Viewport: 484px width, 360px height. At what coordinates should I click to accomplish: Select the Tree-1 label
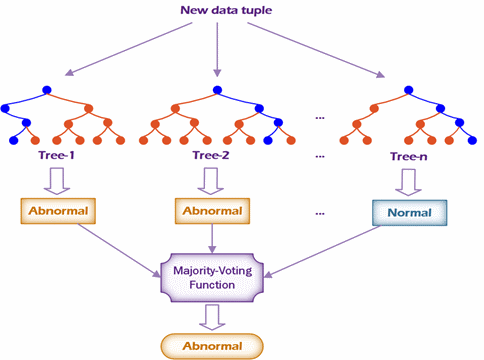pyautogui.click(x=48, y=156)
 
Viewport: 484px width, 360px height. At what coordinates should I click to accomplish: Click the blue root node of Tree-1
pyautogui.click(x=47, y=92)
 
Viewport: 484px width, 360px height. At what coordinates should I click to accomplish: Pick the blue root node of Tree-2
pyautogui.click(x=216, y=92)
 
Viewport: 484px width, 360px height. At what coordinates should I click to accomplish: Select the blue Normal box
pyautogui.click(x=409, y=213)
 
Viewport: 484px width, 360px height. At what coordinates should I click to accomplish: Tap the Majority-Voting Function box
pyautogui.click(x=216, y=276)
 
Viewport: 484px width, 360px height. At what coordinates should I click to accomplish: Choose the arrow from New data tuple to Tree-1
pyautogui.click(x=129, y=50)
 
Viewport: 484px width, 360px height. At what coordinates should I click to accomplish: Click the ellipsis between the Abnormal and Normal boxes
pyautogui.click(x=320, y=214)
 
